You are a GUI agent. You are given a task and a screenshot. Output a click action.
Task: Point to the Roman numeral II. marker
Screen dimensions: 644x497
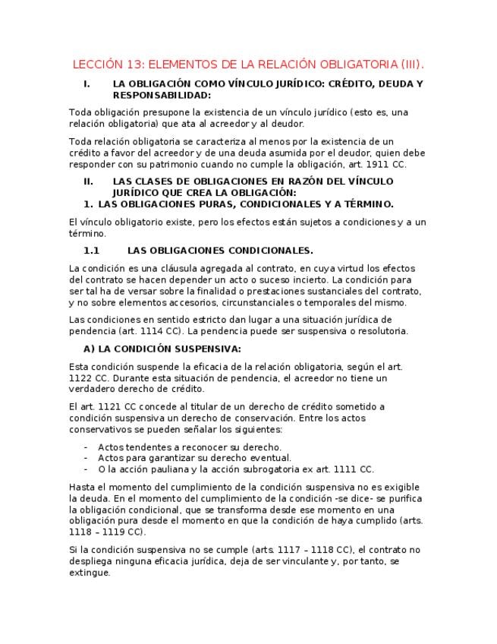tap(88, 182)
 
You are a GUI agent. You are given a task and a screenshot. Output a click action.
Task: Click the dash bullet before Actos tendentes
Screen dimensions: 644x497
tap(86, 447)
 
